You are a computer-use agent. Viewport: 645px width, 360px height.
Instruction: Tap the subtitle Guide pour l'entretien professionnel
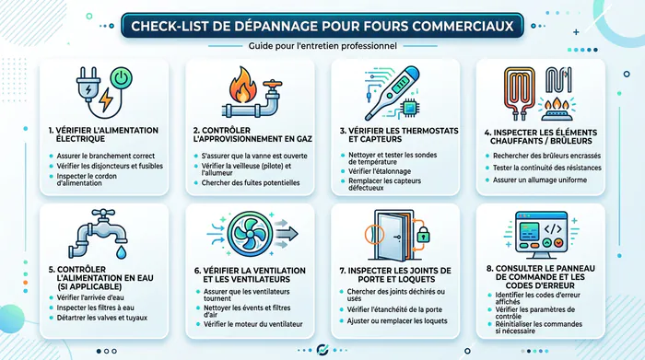(322, 46)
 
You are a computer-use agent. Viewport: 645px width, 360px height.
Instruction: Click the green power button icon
(122, 78)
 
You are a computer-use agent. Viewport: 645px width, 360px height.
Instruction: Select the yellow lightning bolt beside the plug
(106, 99)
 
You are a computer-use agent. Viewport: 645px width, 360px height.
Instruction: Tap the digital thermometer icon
(392, 92)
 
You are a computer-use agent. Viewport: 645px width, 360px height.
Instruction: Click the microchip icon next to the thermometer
(410, 108)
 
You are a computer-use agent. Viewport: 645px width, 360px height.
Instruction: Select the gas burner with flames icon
(557, 109)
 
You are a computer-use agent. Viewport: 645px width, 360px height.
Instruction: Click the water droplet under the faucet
(121, 252)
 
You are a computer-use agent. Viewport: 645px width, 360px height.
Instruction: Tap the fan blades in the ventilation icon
(250, 234)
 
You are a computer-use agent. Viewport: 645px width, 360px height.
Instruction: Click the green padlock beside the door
(423, 235)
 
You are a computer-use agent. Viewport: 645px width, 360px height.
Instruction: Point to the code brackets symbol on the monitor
(553, 228)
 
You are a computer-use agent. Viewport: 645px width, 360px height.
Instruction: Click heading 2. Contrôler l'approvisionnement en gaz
(252, 134)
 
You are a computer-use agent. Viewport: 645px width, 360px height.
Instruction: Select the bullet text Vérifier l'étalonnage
(380, 171)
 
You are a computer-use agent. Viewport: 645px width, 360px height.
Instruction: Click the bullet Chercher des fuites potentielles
(250, 183)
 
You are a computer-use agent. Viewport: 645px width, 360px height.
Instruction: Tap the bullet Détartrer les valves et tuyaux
(101, 318)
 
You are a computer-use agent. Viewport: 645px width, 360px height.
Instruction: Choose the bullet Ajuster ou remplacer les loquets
(397, 321)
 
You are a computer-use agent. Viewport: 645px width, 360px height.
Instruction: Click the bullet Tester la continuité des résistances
(547, 168)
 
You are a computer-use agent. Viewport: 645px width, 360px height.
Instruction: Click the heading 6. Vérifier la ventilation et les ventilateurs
(250, 275)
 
